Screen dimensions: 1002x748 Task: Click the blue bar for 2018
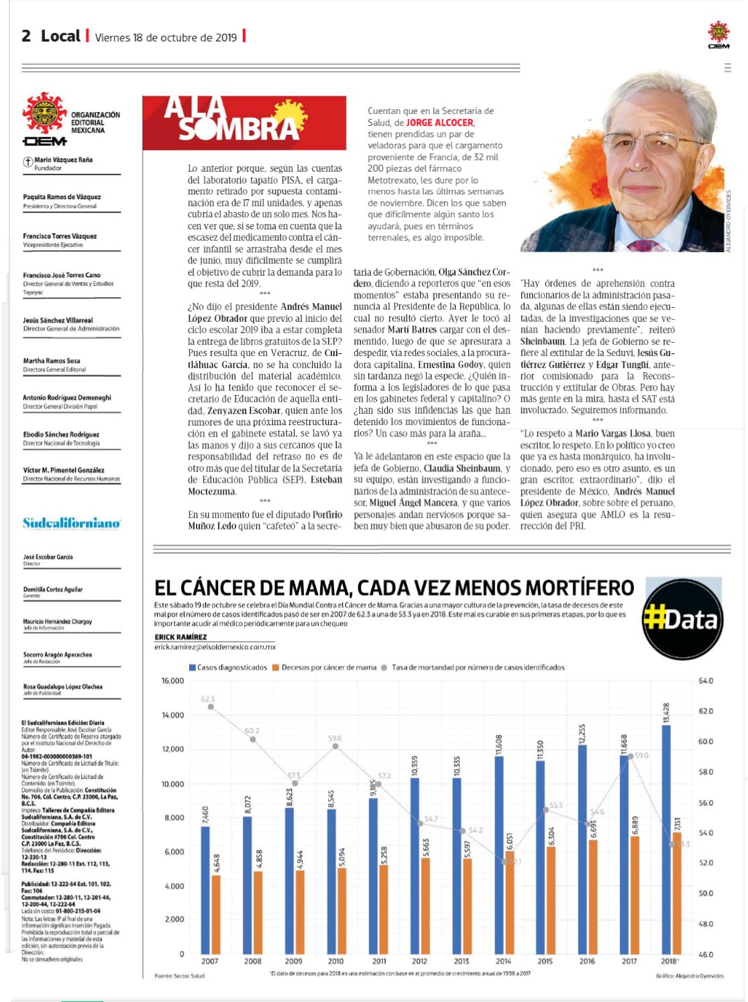point(665,838)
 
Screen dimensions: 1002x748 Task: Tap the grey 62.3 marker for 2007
point(211,707)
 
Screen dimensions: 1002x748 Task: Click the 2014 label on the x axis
point(503,961)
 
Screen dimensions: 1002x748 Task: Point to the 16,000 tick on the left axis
point(172,681)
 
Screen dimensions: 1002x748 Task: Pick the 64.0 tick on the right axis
point(706,681)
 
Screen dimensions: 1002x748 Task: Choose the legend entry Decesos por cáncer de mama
point(324,667)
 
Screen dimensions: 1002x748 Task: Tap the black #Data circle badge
point(682,618)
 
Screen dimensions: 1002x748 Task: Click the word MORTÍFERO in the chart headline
point(579,588)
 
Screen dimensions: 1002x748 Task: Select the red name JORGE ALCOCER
point(440,123)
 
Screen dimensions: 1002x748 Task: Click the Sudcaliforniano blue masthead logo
point(71,523)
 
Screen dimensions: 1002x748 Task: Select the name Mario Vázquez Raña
point(63,160)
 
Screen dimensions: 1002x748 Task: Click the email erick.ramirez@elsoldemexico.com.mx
point(215,647)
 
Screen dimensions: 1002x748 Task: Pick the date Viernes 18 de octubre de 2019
point(166,38)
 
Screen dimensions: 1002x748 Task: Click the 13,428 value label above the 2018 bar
point(666,713)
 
